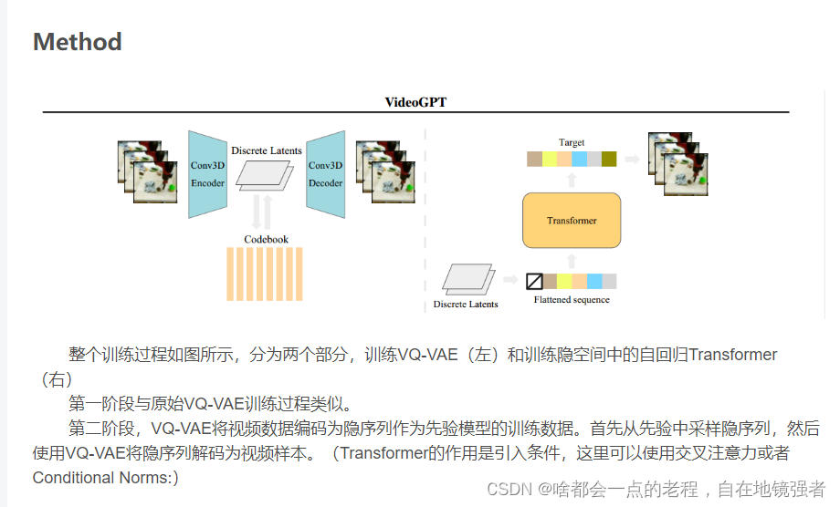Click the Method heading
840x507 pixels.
(78, 42)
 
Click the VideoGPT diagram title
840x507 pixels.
(415, 102)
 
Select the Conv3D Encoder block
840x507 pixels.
(207, 174)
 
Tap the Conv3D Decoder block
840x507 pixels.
(326, 174)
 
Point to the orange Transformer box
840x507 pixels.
(572, 221)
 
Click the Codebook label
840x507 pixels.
(266, 239)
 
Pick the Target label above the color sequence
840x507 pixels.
(572, 142)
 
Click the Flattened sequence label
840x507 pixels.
(572, 299)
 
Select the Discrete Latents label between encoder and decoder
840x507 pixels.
(266, 150)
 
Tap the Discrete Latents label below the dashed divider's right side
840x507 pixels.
(466, 304)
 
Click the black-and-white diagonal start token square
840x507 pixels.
(535, 281)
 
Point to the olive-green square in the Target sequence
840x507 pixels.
(609, 160)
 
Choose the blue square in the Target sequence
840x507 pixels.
(580, 160)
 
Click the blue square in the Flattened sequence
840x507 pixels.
(594, 281)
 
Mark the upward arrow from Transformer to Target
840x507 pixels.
(572, 180)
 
